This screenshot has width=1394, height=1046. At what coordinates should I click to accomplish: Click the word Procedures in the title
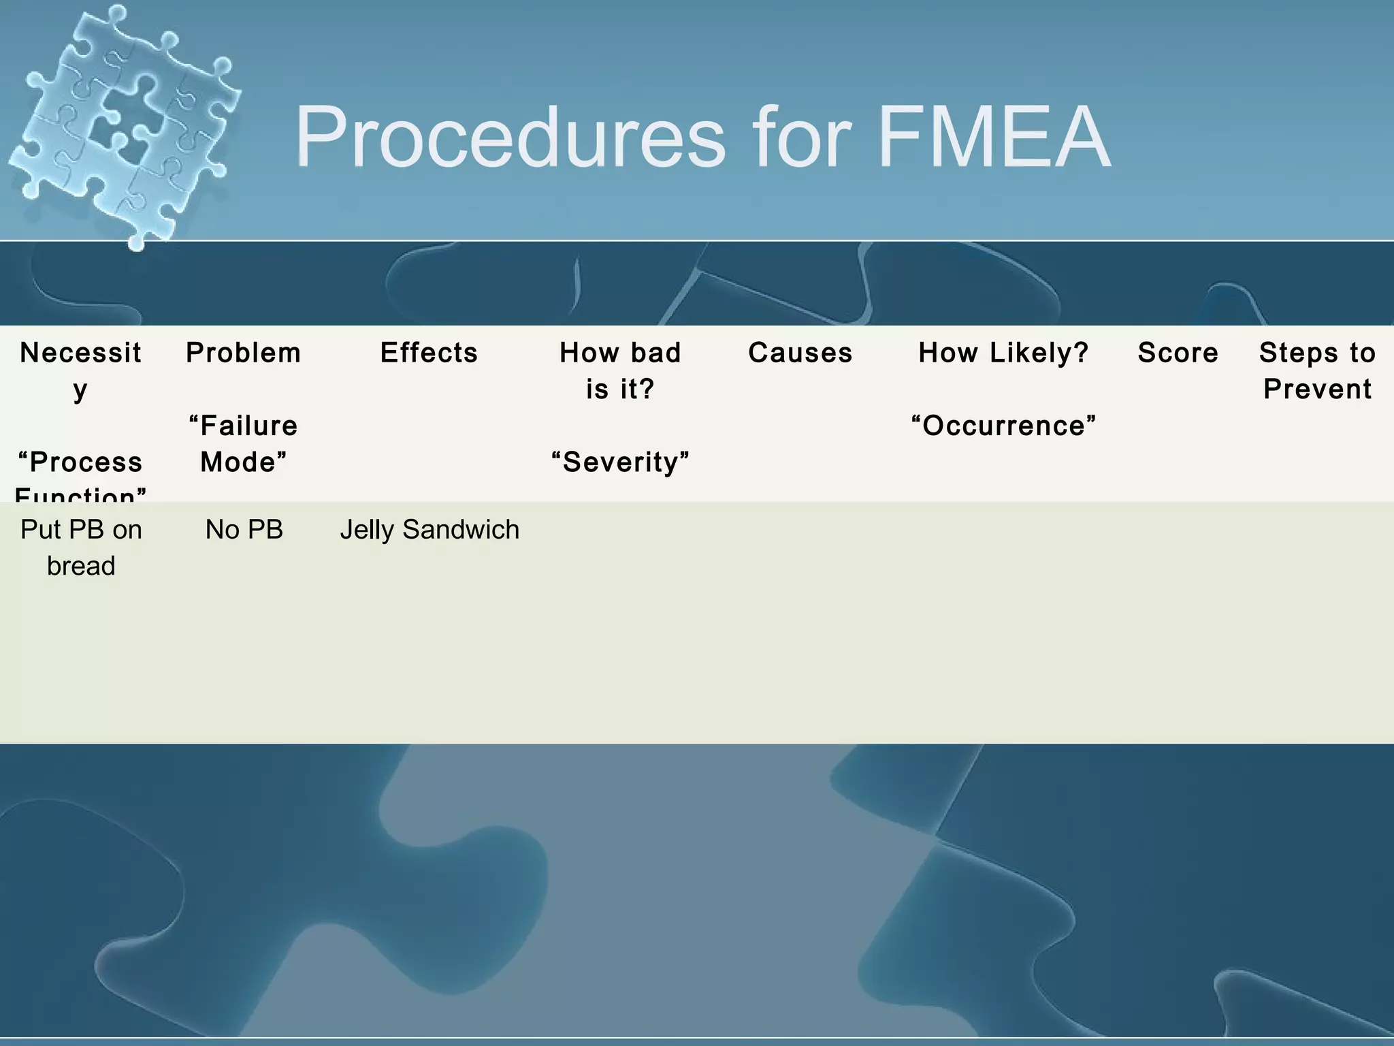[x=510, y=138]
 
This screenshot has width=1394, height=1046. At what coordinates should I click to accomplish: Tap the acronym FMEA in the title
[x=994, y=138]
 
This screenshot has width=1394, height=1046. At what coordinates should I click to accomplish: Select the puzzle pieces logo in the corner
[x=126, y=126]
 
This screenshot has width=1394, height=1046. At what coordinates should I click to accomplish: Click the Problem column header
[x=244, y=353]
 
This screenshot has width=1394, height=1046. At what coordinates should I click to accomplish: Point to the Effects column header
[x=429, y=353]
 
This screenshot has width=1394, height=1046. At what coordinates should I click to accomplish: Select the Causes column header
[x=800, y=353]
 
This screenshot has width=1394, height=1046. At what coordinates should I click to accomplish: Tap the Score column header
[x=1178, y=353]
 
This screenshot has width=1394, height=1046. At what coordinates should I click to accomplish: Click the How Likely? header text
[x=1003, y=353]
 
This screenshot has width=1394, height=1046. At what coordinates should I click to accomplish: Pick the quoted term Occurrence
[x=1003, y=426]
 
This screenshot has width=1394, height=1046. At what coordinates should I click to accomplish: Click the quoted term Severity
[x=620, y=462]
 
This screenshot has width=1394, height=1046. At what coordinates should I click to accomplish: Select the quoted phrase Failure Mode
[x=244, y=444]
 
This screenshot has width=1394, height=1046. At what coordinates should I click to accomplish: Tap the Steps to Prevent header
[x=1317, y=370]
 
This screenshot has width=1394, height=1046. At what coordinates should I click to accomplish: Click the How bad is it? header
[x=620, y=370]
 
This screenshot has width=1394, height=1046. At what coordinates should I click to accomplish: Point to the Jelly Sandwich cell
[x=429, y=530]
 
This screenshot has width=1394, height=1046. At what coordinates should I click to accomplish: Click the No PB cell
[x=244, y=530]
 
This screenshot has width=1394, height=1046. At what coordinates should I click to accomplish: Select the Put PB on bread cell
[x=81, y=548]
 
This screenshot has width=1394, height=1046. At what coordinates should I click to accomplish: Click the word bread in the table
[x=81, y=566]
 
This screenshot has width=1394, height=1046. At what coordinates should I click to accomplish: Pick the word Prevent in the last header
[x=1317, y=390]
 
